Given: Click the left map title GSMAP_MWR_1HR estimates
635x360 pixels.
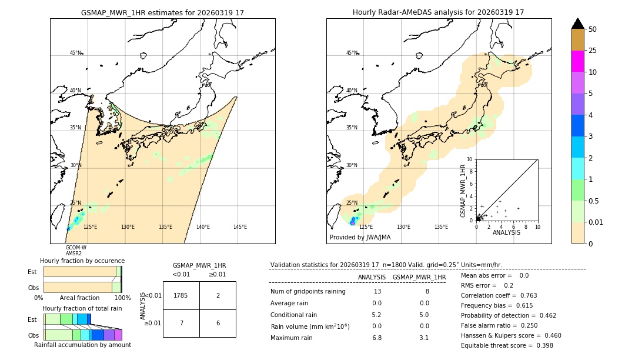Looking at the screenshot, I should (x=162, y=12).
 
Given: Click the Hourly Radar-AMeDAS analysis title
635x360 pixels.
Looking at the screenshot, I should (x=438, y=12).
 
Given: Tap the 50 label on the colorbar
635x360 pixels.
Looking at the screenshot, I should (x=593, y=29).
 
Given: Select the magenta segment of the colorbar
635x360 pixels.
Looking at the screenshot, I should (x=578, y=61).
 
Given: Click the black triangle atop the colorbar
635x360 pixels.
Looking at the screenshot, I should (x=578, y=24).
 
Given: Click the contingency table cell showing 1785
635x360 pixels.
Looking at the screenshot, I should (x=181, y=295).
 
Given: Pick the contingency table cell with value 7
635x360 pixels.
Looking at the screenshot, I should (x=181, y=323).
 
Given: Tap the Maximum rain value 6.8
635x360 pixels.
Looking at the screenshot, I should (x=376, y=338).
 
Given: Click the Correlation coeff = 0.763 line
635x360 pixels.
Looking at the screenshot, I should (x=499, y=295).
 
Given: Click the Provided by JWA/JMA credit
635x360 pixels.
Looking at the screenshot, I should (x=360, y=238).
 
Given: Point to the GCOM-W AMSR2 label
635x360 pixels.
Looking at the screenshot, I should (x=75, y=251).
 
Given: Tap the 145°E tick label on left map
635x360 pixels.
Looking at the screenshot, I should (x=240, y=227).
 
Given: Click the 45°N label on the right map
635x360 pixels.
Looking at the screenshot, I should (x=352, y=53).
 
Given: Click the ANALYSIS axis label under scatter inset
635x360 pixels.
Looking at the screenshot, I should (x=506, y=232).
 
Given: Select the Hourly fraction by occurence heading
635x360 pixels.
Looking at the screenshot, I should (x=82, y=261).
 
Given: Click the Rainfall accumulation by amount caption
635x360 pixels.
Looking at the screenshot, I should (x=82, y=345).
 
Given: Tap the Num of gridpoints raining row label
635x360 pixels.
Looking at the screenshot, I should (x=308, y=291).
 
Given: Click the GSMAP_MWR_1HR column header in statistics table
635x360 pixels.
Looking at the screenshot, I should (x=419, y=277).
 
